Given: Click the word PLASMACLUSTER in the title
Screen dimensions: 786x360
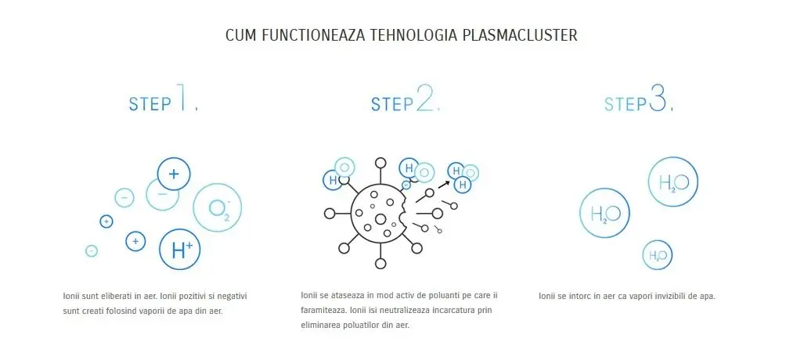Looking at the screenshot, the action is (520, 35).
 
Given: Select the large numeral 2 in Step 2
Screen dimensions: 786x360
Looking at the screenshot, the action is (424, 99).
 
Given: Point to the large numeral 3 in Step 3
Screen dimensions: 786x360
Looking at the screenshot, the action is (658, 99).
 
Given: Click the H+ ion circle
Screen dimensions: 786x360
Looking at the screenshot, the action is (179, 249).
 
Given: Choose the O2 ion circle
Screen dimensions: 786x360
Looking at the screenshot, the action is (217, 207).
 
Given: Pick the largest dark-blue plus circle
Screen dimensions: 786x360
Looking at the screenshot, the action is (174, 174).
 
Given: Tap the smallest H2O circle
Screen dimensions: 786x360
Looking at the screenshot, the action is (657, 254).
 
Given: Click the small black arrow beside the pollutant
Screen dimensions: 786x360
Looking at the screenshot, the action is (444, 184).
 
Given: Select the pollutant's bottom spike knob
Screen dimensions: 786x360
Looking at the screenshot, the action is (380, 263).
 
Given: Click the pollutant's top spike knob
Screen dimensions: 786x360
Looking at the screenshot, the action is (380, 163).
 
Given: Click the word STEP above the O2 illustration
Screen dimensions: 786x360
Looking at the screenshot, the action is (150, 104).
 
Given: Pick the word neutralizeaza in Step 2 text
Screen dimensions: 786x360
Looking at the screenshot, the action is (406, 310).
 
